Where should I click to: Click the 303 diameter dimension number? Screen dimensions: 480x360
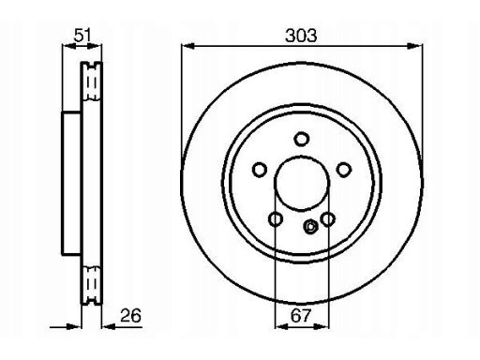(301, 36)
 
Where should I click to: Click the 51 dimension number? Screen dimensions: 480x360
(82, 35)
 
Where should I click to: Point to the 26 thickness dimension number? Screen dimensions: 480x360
(130, 315)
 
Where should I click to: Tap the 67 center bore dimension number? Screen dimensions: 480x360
(301, 315)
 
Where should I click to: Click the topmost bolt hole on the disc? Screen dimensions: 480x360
(302, 139)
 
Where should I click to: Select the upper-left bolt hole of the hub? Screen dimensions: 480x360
(260, 170)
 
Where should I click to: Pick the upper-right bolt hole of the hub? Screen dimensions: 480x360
(344, 170)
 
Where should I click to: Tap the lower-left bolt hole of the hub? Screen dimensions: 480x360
(276, 219)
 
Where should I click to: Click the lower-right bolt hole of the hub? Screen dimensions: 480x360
(328, 219)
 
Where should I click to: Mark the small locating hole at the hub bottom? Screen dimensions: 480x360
(310, 227)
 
